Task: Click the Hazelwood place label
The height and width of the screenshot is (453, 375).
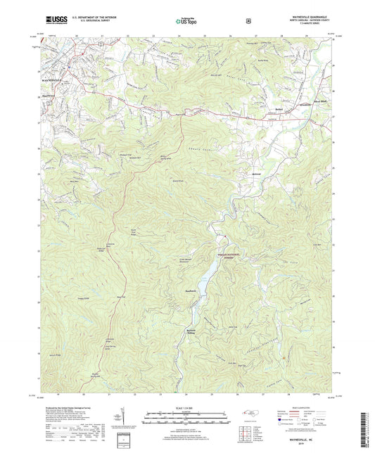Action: coord(46,97)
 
